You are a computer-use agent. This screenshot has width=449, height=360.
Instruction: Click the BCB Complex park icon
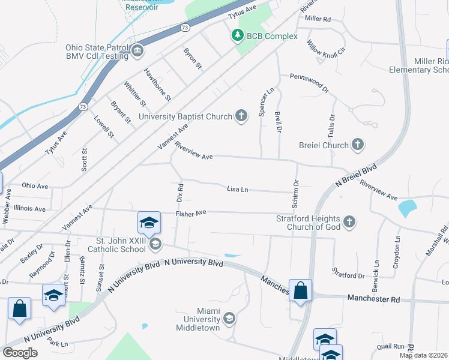point(238,36)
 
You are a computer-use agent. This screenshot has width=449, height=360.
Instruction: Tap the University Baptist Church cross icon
point(241,116)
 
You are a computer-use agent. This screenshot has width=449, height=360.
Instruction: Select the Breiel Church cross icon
point(358,145)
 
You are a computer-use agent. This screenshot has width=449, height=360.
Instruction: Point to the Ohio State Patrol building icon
point(137,51)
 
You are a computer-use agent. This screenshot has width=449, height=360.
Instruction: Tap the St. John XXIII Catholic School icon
point(155,243)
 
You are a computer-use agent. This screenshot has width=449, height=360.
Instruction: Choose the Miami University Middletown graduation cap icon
point(228,317)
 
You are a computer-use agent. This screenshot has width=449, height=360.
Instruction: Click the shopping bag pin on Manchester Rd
point(301,290)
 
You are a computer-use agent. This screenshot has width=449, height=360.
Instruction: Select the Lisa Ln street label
point(238,189)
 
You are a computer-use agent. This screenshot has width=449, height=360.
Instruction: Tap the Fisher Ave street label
point(191,212)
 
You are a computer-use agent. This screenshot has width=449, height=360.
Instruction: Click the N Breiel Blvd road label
point(357,175)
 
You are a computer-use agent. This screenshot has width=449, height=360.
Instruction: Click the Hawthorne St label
point(158,84)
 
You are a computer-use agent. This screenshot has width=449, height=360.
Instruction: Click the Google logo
point(20,353)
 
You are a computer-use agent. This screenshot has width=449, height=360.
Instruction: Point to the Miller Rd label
point(318,19)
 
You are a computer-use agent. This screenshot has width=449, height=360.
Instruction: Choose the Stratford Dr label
point(349,275)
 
